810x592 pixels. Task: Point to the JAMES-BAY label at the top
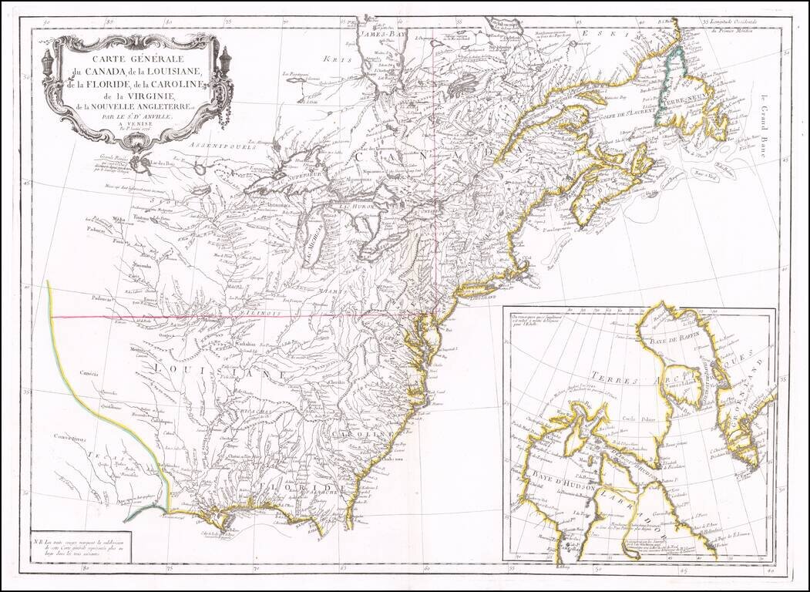(383, 34)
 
